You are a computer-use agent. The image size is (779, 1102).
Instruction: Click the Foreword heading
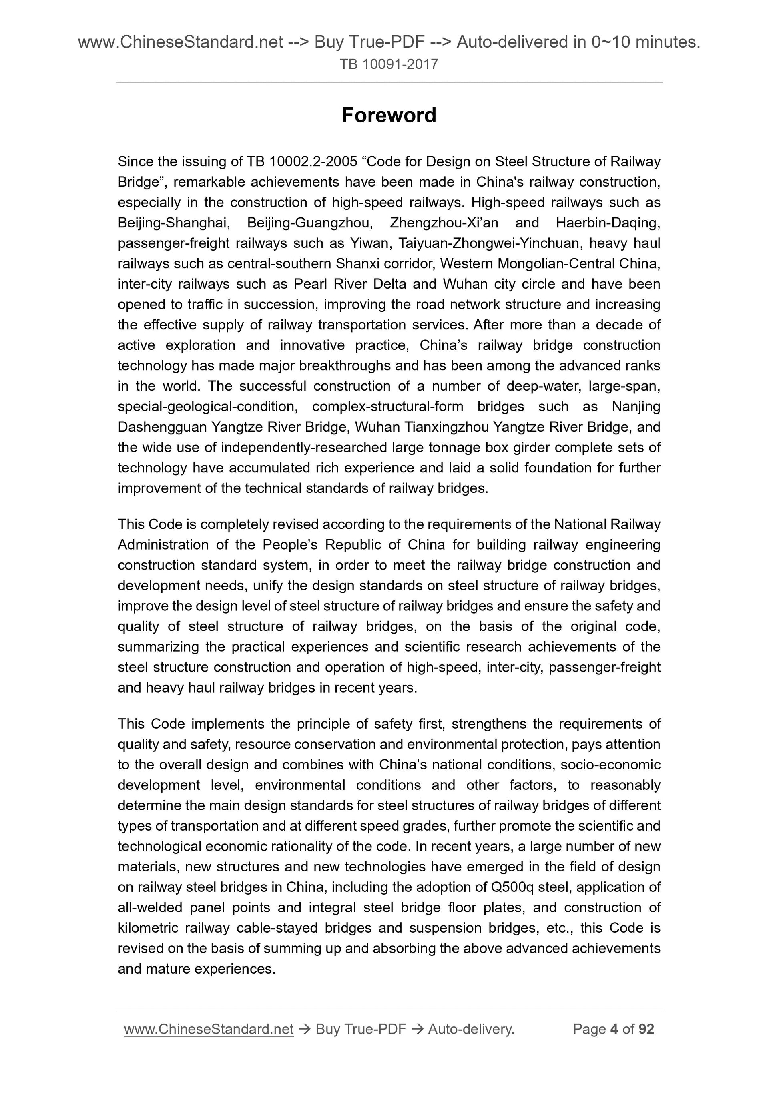click(x=389, y=116)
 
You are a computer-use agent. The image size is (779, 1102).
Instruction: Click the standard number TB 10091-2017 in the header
click(x=389, y=64)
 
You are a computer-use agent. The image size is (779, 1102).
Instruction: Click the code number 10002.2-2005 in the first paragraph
click(x=314, y=162)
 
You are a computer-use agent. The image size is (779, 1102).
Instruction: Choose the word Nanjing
click(x=636, y=407)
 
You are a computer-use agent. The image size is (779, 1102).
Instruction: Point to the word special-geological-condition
click(x=207, y=407)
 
